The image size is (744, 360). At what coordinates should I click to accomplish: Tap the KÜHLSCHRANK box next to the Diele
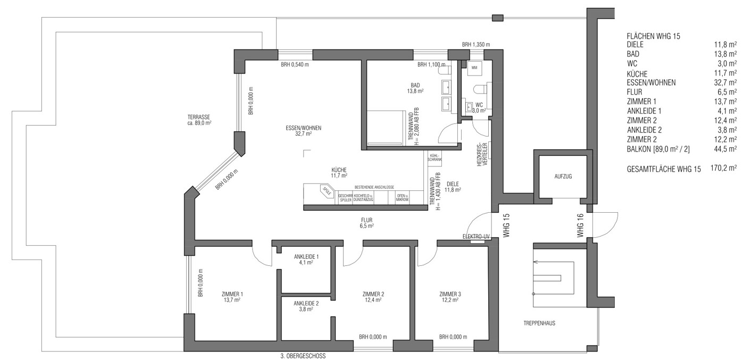click(434, 157)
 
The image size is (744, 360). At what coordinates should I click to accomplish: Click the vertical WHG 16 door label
click(581, 225)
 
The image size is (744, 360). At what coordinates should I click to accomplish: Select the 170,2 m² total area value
click(723, 169)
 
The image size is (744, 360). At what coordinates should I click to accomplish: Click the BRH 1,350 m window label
click(475, 44)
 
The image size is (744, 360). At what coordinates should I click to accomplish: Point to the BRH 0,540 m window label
click(295, 64)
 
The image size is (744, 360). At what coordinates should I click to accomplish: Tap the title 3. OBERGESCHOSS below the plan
click(303, 356)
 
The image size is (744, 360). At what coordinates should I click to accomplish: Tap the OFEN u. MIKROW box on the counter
click(402, 198)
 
